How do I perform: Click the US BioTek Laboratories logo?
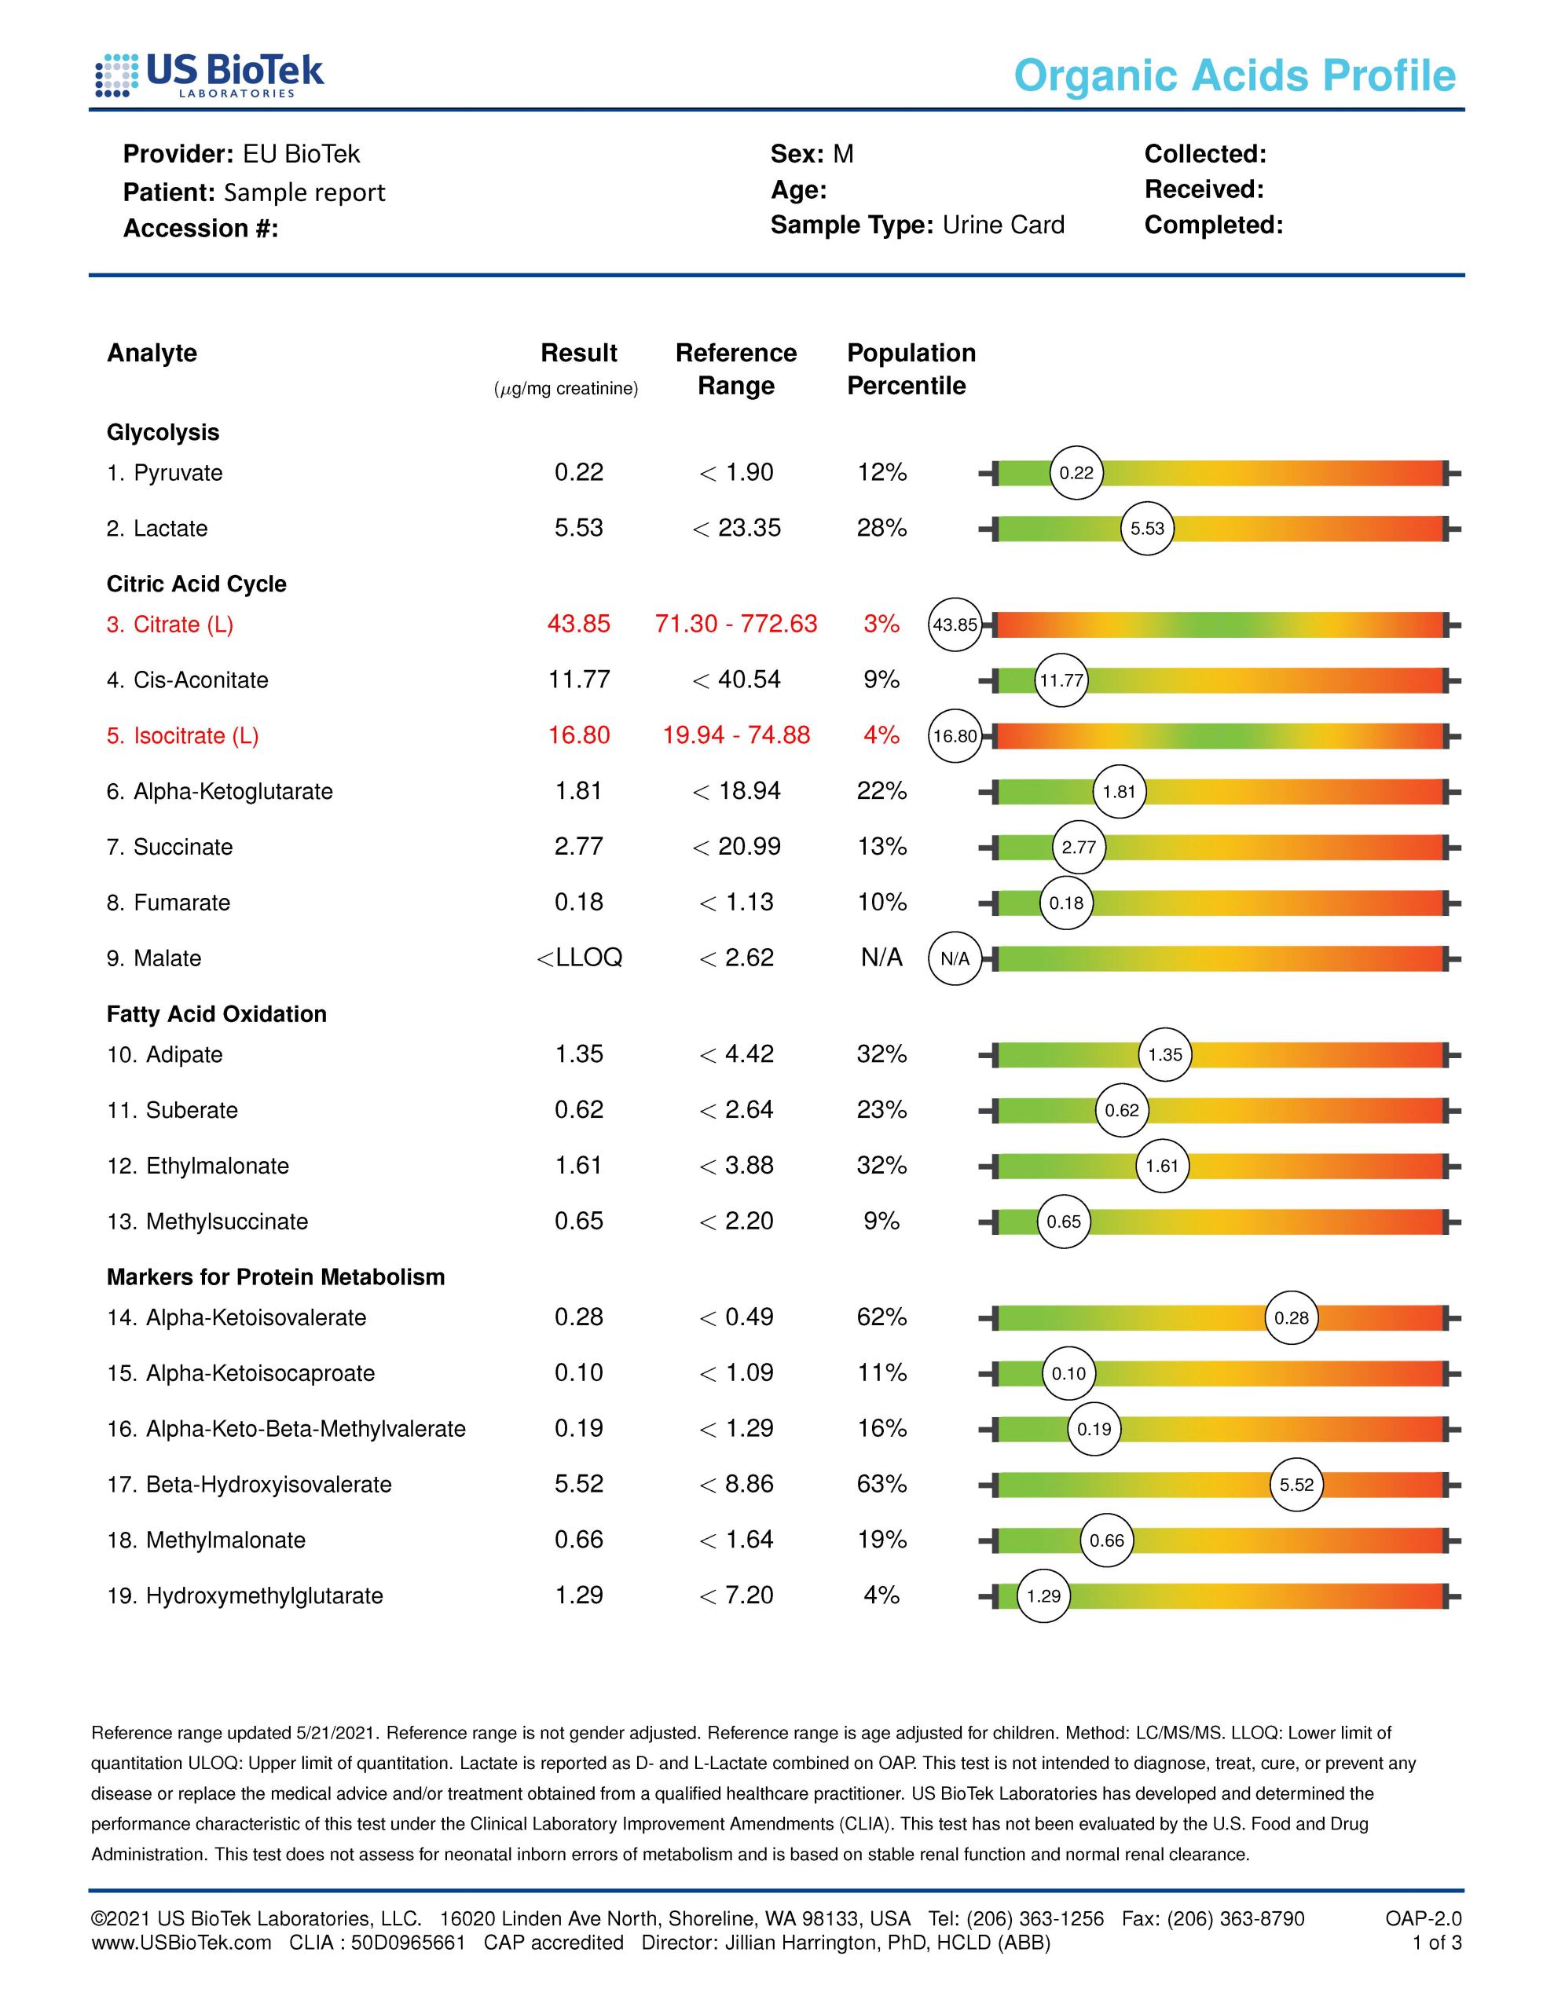[x=210, y=75]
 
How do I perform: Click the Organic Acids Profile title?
[x=1234, y=75]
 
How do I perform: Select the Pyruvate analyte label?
[x=165, y=473]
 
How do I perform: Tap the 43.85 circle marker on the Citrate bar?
[x=955, y=625]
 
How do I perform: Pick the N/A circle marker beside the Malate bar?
[x=955, y=958]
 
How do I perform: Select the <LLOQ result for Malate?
[x=579, y=958]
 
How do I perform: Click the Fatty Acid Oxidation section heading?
[x=217, y=1015]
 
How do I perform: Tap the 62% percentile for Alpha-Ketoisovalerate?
[x=881, y=1317]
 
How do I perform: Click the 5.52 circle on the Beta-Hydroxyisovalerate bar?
[x=1296, y=1485]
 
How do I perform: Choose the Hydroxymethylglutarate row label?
[x=245, y=1595]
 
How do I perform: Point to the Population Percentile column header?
[x=910, y=369]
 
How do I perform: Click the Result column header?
[x=578, y=353]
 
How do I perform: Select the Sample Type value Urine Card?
[x=1003, y=225]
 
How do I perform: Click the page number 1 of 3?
[x=1436, y=1943]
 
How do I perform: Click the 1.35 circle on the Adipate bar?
[x=1164, y=1055]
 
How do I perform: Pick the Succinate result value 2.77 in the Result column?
[x=578, y=847]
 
